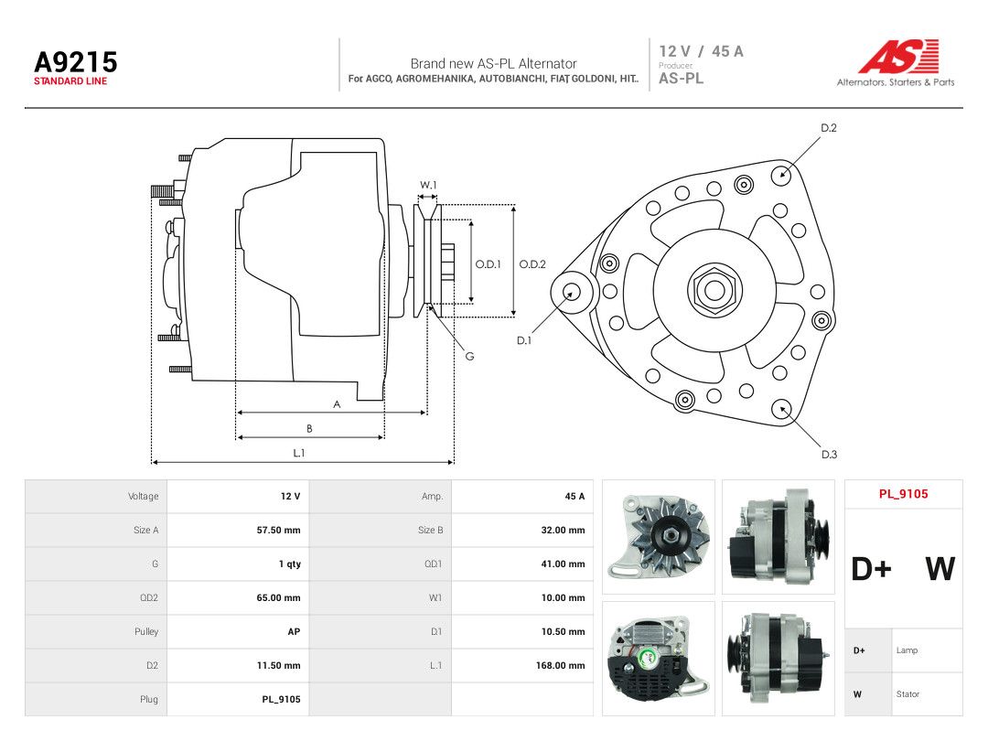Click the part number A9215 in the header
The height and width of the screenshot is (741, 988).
(76, 62)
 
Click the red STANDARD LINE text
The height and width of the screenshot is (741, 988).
(70, 81)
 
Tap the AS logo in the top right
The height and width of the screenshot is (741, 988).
(898, 57)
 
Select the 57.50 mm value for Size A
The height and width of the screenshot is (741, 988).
(278, 530)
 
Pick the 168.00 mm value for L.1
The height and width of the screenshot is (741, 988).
(560, 665)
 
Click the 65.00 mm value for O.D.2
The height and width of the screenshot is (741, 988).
(278, 597)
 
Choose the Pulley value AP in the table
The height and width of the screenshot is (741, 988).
(294, 631)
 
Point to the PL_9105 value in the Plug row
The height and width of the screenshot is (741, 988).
(281, 700)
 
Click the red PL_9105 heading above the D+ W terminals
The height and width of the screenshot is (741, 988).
(904, 494)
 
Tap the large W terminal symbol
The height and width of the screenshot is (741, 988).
(940, 568)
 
